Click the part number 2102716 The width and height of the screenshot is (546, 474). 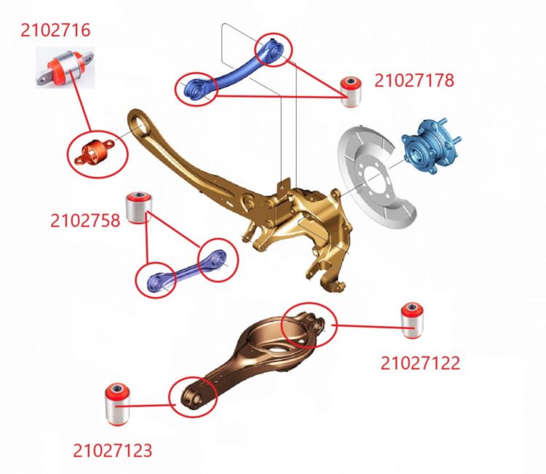tap(55, 30)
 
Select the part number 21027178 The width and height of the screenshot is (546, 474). tap(414, 80)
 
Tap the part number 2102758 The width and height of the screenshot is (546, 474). tap(85, 221)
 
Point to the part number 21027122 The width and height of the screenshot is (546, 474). tap(420, 363)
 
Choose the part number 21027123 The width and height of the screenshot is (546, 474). tap(112, 450)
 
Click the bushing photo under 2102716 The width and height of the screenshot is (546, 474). tap(65, 68)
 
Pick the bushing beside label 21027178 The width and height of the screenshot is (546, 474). tap(351, 91)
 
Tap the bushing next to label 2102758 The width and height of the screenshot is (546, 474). tap(139, 207)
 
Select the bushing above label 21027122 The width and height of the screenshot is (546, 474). tap(413, 320)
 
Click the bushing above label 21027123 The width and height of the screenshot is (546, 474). tap(117, 404)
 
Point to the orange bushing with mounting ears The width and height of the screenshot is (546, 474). tap(95, 151)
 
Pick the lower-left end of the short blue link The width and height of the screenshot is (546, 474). tap(157, 281)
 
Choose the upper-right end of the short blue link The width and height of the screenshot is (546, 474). tap(218, 258)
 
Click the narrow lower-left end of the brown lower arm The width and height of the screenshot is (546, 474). tap(193, 398)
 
